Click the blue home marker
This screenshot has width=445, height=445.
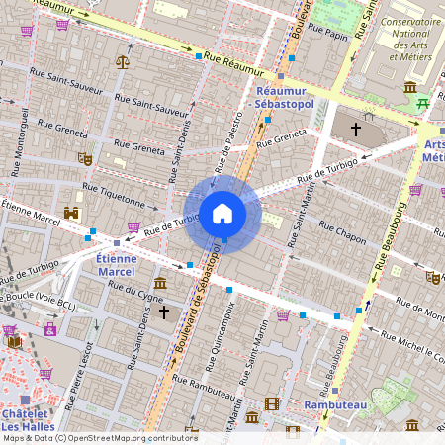pyautogui.click(x=222, y=213)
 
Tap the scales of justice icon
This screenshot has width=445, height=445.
pyautogui.click(x=123, y=61)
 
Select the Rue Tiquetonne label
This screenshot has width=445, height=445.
pyautogui.click(x=120, y=196)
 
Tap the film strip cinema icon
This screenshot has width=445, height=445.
pyautogui.click(x=272, y=403)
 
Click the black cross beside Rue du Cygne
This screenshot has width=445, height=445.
pyautogui.click(x=164, y=311)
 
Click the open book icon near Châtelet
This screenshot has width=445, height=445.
pyautogui.click(x=14, y=342)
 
